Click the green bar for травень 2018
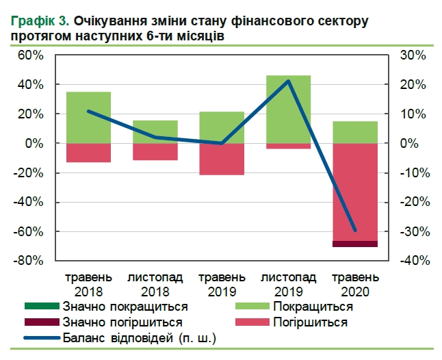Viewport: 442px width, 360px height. point(89,118)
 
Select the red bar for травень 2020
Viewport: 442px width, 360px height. point(355,192)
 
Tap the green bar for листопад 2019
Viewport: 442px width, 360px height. point(289,110)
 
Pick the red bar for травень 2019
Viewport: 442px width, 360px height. point(222,159)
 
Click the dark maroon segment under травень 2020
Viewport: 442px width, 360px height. point(355,244)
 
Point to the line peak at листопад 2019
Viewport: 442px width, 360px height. point(289,81)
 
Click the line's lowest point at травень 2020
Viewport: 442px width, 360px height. point(355,231)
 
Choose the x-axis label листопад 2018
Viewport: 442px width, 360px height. point(155,285)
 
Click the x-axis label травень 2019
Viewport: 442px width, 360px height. point(222,285)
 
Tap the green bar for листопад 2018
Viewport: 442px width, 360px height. point(155,132)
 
